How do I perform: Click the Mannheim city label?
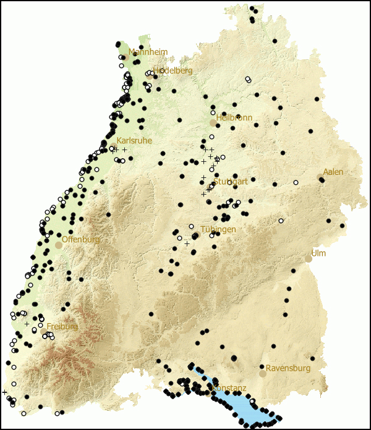coord(148,53)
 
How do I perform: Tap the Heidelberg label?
coord(173,70)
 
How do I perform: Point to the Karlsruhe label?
coord(134,141)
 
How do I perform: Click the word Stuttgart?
coord(230,182)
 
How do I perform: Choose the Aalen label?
coord(333,172)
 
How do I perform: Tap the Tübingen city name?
coord(218,229)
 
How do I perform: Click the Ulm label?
coord(318,253)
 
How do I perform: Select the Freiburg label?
coord(62,326)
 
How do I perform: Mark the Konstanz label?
coord(228,388)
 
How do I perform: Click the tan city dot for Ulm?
coord(309,259)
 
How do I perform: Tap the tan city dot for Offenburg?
coord(59,245)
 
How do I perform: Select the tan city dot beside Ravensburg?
coord(263,374)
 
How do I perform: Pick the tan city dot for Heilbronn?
coord(213,123)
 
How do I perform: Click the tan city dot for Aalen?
coord(320,177)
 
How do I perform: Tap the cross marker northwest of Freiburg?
coord(27,324)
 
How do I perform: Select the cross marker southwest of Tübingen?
coord(187,243)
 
